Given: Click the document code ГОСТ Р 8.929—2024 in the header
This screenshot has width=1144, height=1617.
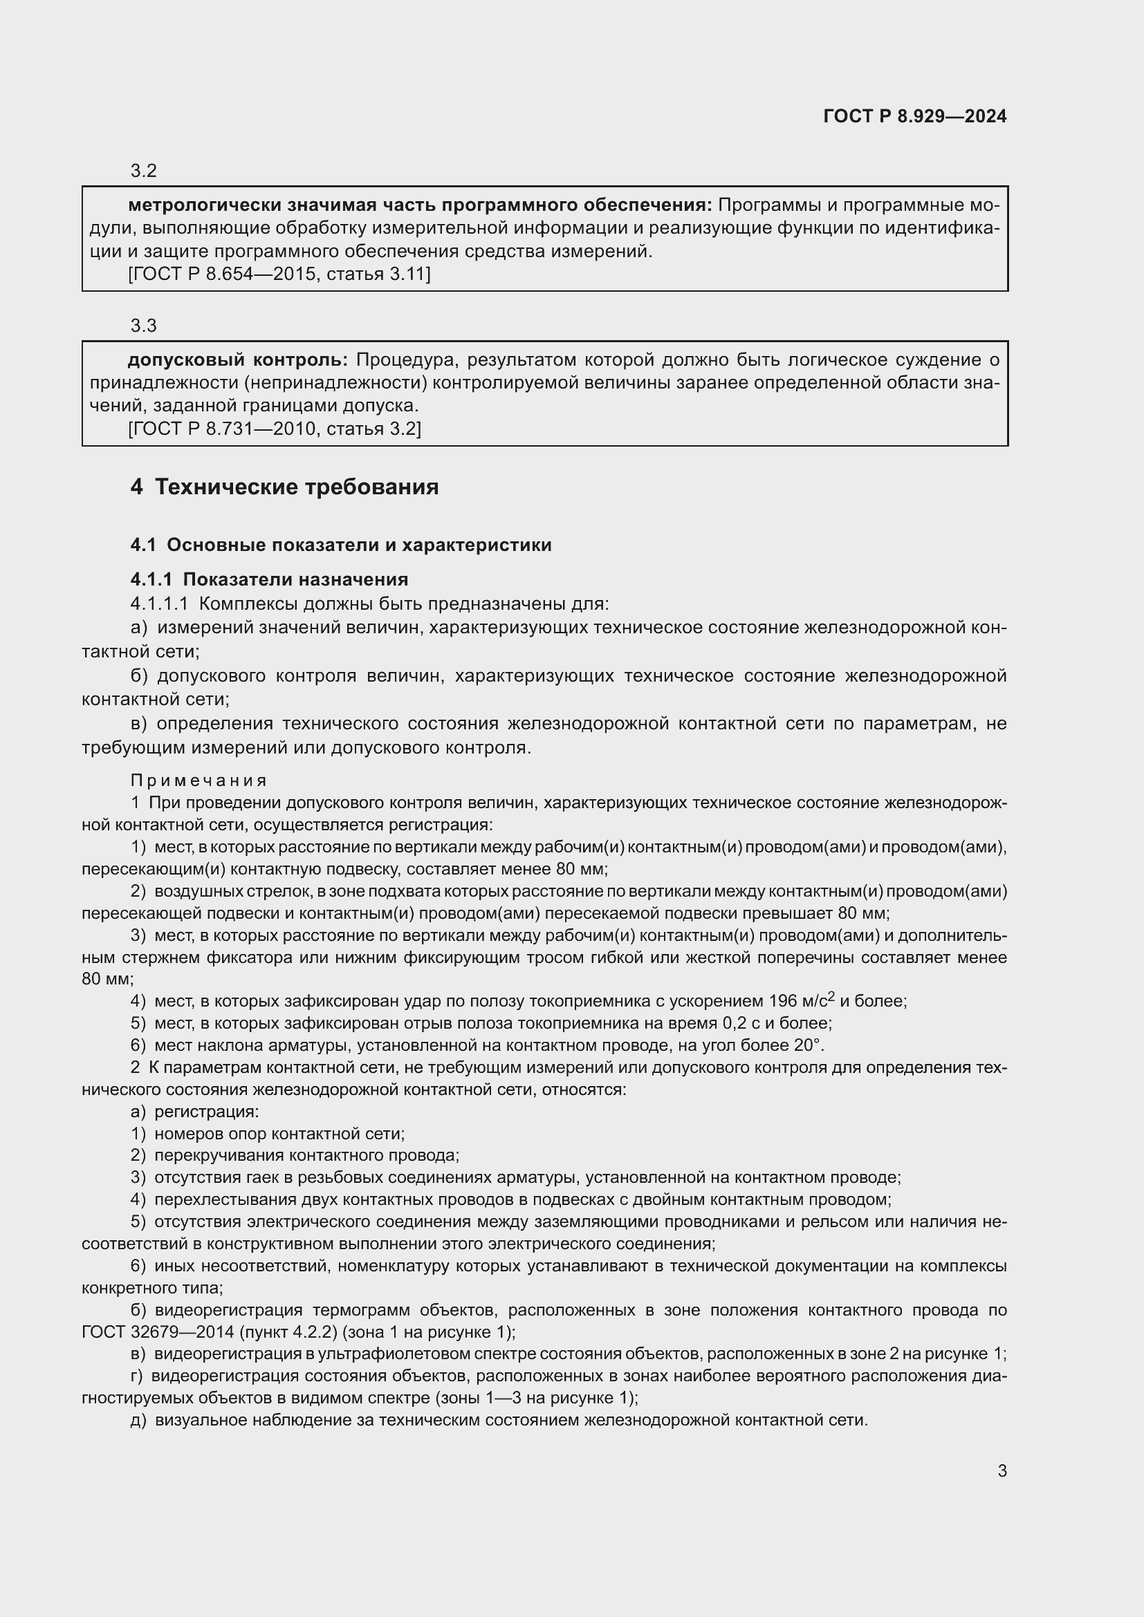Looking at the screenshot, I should (914, 116).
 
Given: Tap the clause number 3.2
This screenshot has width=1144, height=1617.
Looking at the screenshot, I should (143, 171).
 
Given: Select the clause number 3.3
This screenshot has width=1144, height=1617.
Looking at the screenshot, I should (143, 326).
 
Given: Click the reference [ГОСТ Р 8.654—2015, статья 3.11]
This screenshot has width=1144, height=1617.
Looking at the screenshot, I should (279, 274).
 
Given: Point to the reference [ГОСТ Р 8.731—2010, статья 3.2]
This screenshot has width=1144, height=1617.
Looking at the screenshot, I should (274, 429).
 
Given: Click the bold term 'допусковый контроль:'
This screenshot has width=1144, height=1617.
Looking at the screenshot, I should (237, 360).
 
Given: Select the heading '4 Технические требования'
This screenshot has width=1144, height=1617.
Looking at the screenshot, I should (284, 487).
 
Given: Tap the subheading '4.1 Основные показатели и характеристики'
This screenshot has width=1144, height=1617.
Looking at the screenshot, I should (341, 545).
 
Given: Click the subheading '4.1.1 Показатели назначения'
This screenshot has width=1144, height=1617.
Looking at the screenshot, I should (269, 579).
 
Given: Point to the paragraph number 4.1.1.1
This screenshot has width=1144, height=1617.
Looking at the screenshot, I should (159, 604).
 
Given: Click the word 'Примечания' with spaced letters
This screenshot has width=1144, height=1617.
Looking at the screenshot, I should (199, 781).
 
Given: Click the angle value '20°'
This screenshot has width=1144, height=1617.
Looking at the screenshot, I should (809, 1045).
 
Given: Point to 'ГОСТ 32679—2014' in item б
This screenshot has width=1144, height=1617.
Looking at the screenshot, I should (144, 1332).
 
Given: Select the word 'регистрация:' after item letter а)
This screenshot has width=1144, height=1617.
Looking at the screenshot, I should (206, 1112).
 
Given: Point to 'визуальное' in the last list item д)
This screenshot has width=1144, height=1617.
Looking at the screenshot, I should (196, 1421).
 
